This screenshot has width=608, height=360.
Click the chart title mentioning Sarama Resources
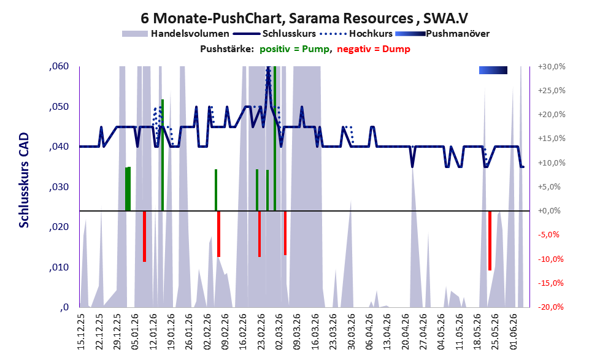coord(304,18)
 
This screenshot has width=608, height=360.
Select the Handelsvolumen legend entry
coord(175,34)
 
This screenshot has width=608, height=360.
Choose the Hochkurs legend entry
coord(356,34)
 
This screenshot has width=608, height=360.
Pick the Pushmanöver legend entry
coord(442,34)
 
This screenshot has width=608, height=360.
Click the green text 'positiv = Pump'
coord(295,49)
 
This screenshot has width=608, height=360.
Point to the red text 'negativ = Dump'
coord(374,49)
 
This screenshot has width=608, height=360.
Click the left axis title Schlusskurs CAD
coord(24,180)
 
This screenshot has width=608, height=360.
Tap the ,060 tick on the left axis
coord(59,66)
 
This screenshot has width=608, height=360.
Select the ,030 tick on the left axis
coord(59,187)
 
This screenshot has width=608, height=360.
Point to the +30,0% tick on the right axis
coord(552,67)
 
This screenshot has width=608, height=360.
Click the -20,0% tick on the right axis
coord(550,307)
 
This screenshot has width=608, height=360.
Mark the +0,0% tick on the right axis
coord(549,211)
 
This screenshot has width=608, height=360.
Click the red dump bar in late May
coord(490,240)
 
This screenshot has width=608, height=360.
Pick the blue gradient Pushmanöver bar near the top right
coord(493,70)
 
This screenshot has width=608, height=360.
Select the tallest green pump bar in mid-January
coord(163,155)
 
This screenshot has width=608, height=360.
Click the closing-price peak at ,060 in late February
coord(268,67)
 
